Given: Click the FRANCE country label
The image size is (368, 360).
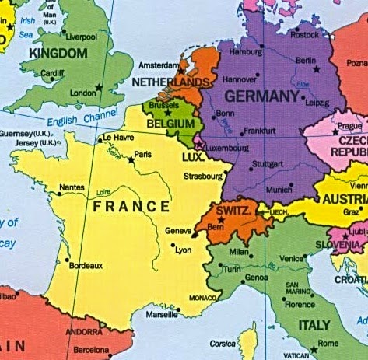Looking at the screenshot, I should [x=131, y=207].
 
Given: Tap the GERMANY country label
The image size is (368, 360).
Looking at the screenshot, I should [x=261, y=96].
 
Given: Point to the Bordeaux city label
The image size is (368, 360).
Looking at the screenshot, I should [x=86, y=265].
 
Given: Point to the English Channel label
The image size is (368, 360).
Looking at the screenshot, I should [x=82, y=119].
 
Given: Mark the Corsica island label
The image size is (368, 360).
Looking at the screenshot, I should [x=222, y=343].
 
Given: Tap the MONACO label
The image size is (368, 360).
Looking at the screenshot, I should [x=203, y=299].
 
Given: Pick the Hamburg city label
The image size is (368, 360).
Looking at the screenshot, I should [x=246, y=52].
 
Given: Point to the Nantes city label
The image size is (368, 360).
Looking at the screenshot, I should [x=72, y=187].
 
